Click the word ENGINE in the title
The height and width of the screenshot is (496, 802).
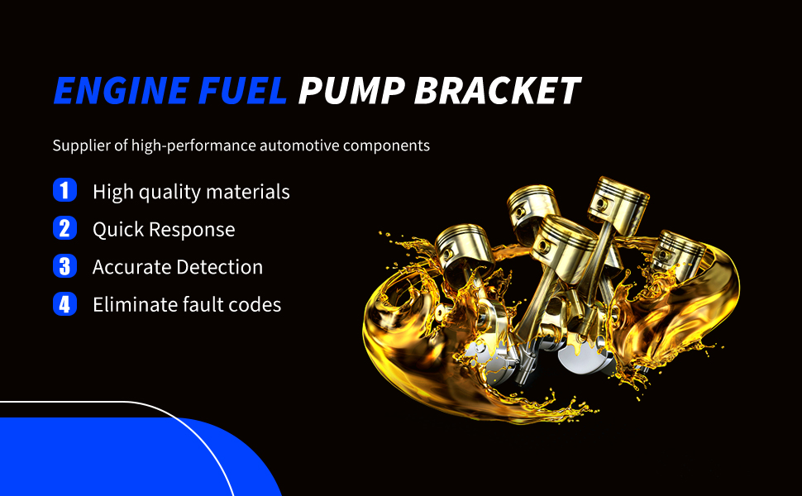(122, 91)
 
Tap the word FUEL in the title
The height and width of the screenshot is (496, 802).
(242, 91)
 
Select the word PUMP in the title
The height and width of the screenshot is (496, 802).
(352, 91)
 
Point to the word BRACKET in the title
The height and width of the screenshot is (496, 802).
(497, 91)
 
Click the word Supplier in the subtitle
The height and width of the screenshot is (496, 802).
(82, 145)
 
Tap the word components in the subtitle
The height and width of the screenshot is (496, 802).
(386, 146)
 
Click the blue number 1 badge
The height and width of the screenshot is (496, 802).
(65, 190)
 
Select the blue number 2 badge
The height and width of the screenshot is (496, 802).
(65, 228)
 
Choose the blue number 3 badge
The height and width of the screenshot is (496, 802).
(65, 266)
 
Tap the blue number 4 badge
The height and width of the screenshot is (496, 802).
(65, 303)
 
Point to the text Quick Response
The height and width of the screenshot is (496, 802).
(164, 230)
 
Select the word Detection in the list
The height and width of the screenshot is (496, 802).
(220, 267)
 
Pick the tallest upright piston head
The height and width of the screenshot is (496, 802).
(618, 203)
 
